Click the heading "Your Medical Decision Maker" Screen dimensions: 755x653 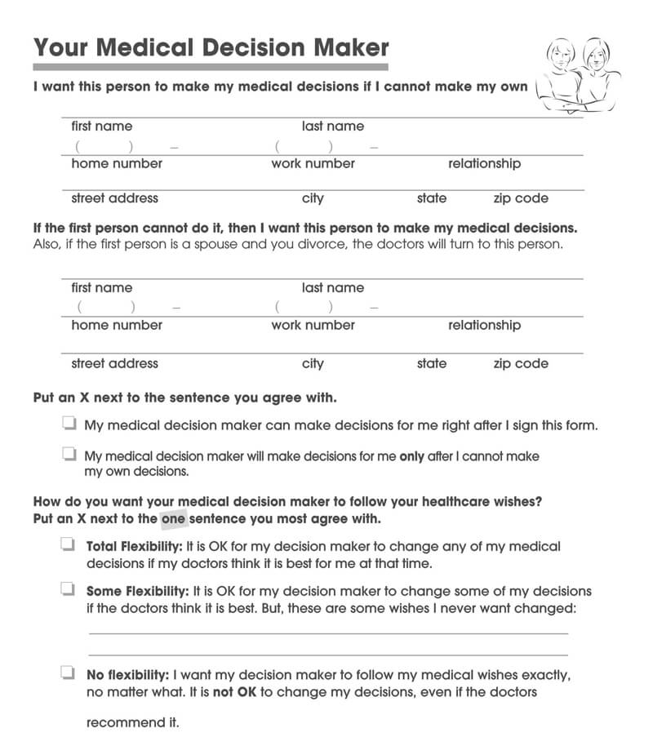(211, 47)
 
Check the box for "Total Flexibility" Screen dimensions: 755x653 (67, 545)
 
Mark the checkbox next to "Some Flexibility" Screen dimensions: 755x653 (67, 589)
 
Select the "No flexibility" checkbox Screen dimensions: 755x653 (67, 674)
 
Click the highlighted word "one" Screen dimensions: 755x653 (174, 518)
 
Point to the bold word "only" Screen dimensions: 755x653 (411, 457)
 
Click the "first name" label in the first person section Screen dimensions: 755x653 (101, 127)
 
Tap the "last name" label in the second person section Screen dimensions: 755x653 (333, 288)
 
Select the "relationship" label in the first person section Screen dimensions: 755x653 (484, 163)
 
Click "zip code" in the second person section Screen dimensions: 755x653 (520, 364)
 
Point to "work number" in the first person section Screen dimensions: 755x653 (313, 163)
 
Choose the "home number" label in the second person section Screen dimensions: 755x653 (117, 325)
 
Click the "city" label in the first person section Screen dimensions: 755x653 (313, 198)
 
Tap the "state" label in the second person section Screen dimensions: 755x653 (432, 363)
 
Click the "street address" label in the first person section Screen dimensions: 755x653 (114, 198)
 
